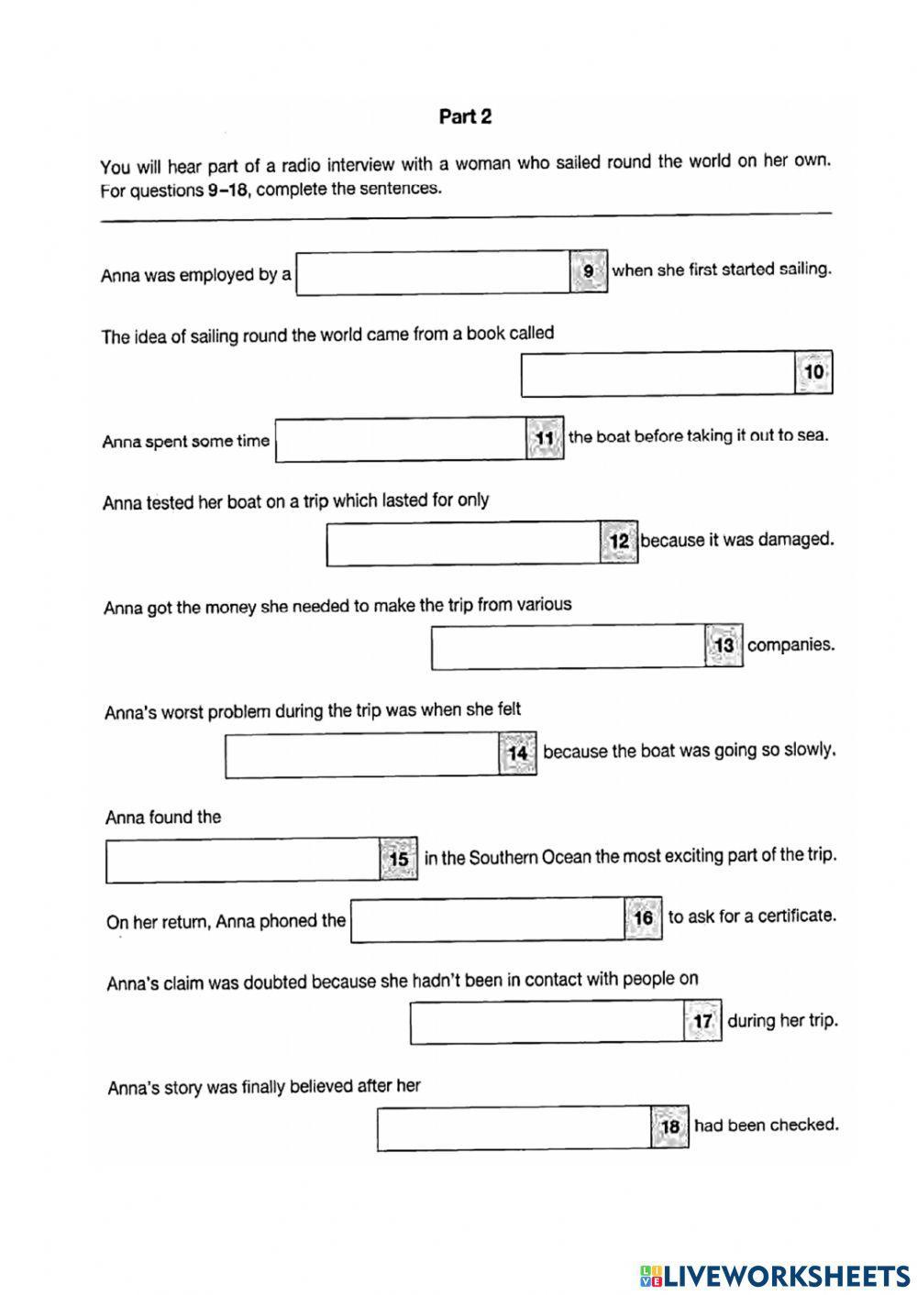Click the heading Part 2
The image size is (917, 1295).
(465, 116)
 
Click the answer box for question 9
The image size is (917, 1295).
(433, 273)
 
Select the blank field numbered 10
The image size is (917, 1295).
(657, 374)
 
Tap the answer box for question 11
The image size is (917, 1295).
(401, 440)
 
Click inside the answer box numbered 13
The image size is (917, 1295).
(569, 647)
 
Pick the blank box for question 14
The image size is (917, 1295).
(362, 755)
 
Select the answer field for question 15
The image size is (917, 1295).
(243, 861)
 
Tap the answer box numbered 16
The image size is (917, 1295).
(488, 919)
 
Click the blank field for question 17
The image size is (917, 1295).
(547, 1023)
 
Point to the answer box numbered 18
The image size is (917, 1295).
(514, 1128)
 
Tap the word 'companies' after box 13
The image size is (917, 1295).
(790, 645)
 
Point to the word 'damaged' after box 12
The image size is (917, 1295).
(800, 539)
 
